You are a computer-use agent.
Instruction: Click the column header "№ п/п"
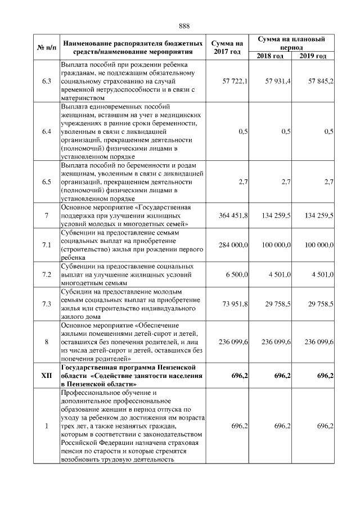pyautogui.click(x=46, y=47)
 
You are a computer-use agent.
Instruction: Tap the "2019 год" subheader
pyautogui.click(x=313, y=56)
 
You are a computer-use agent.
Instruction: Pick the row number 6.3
pyautogui.click(x=46, y=81)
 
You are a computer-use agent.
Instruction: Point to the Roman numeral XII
pyautogui.click(x=46, y=375)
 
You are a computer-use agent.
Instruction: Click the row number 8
pyautogui.click(x=46, y=341)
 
